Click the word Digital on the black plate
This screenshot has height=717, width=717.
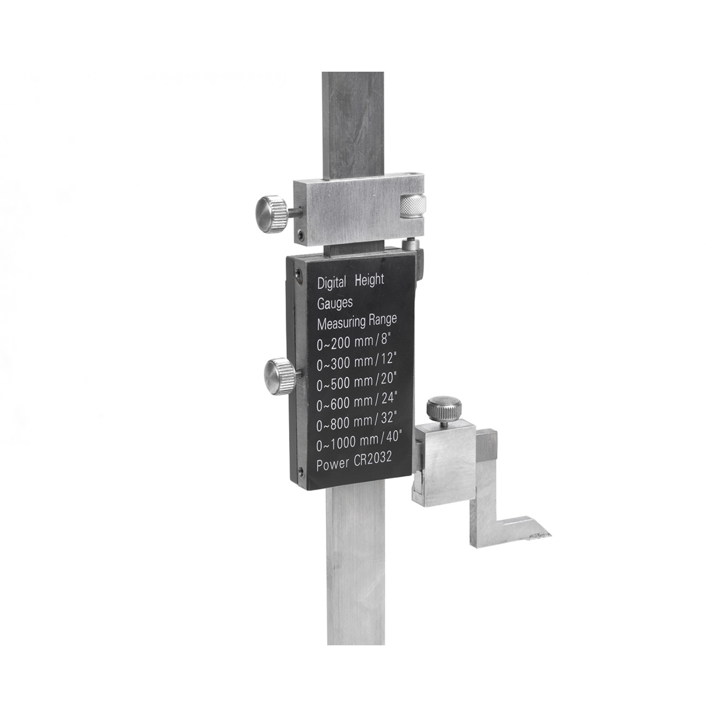click(x=332, y=283)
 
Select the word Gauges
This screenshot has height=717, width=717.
click(x=335, y=303)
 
